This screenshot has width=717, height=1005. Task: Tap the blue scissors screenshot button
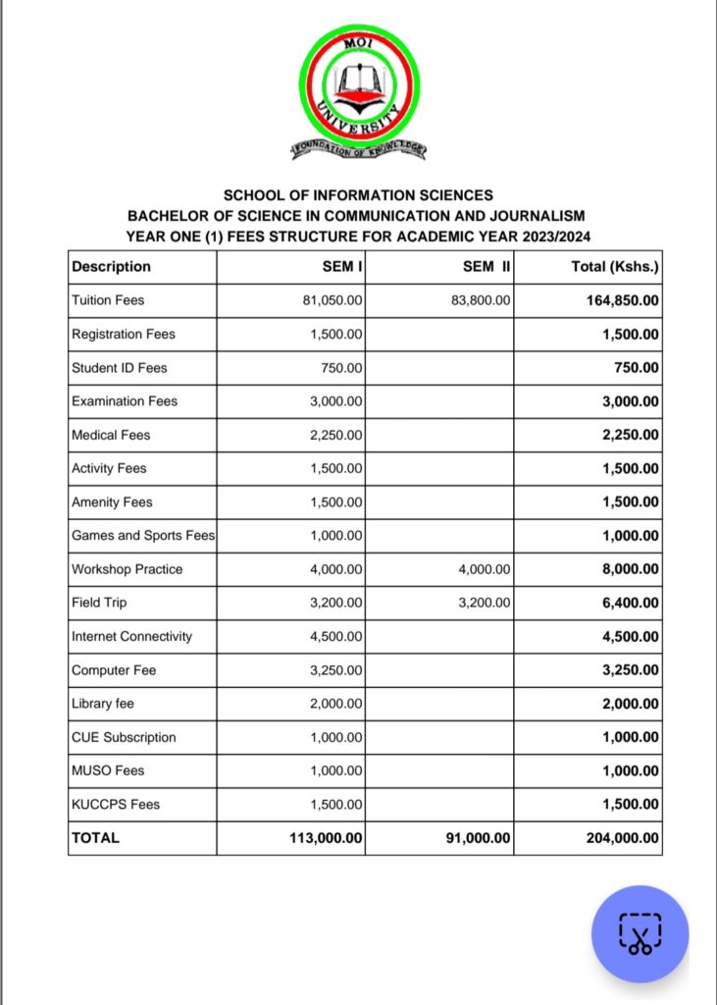(x=640, y=933)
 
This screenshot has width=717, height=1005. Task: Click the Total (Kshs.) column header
(x=615, y=266)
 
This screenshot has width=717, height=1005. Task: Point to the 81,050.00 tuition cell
(x=333, y=300)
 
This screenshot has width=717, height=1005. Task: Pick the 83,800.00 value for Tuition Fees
(x=481, y=300)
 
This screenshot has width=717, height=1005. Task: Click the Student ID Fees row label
(x=120, y=368)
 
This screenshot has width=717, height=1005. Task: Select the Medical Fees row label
(x=111, y=435)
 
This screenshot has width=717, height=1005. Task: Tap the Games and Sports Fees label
(x=143, y=536)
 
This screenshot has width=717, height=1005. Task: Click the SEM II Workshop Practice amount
(x=485, y=569)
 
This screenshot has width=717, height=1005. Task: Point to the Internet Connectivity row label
(x=131, y=636)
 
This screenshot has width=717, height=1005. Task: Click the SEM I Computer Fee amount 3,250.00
(x=337, y=670)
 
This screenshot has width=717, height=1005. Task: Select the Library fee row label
(x=104, y=704)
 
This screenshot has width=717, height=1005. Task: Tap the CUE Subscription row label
(x=124, y=737)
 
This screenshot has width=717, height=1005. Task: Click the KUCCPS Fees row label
(x=116, y=804)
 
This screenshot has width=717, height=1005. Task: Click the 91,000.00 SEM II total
(x=474, y=838)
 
